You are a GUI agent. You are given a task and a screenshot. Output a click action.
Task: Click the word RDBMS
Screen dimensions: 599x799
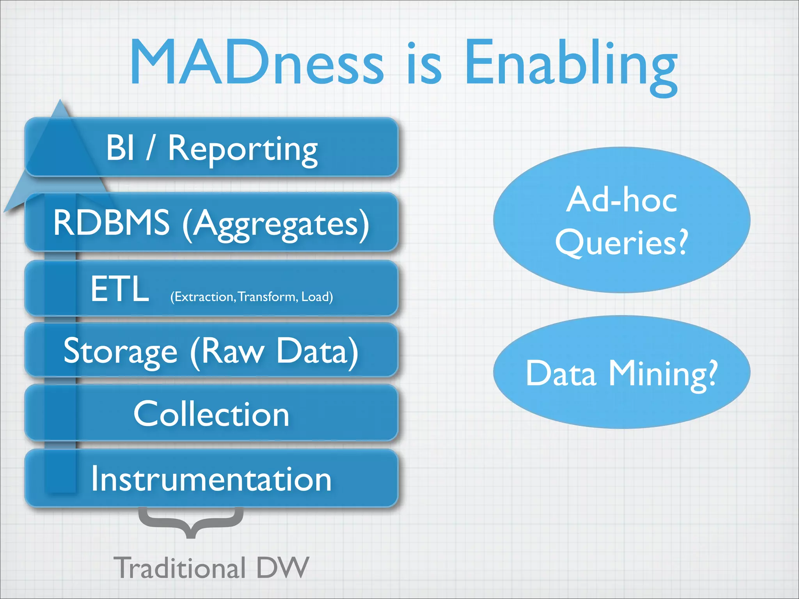coord(112,222)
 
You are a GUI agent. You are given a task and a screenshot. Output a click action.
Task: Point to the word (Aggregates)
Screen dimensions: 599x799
coord(275,224)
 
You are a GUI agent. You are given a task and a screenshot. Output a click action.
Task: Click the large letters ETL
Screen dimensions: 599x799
coord(119,289)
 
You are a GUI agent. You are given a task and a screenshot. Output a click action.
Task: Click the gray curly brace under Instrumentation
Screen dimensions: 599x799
coord(191,523)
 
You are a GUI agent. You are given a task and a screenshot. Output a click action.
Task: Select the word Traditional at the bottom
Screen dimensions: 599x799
coord(179,568)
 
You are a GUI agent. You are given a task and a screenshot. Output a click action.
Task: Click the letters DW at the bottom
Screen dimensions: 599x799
coord(283,568)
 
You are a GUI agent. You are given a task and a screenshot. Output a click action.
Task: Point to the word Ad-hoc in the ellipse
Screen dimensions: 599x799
coord(621,200)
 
